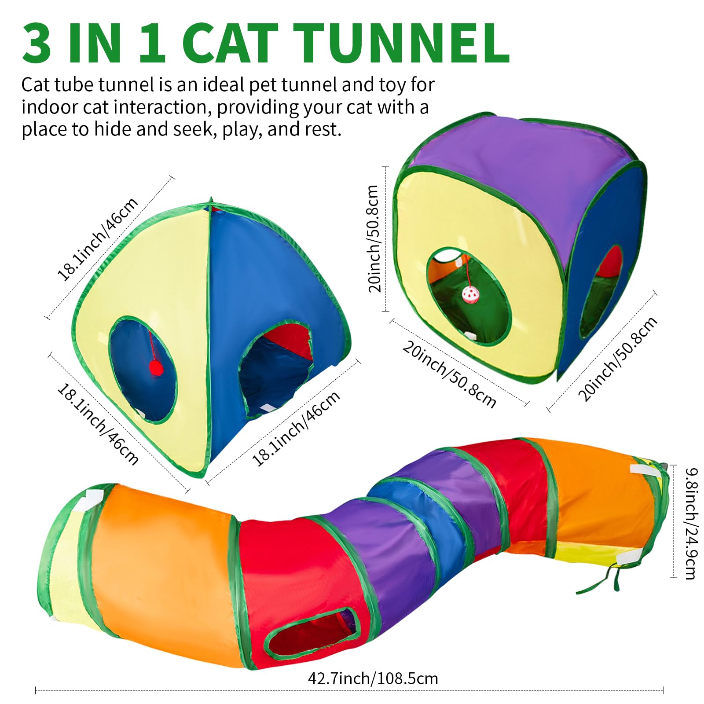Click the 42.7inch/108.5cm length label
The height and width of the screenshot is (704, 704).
pos(373,678)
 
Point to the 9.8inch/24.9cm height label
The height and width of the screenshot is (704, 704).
pos(690,524)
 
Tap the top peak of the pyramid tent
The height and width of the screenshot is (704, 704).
pos(212,200)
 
